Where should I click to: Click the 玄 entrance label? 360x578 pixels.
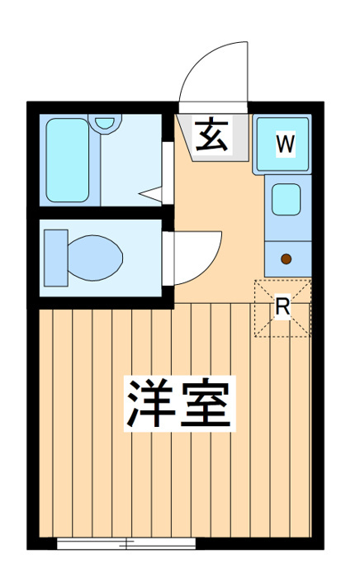click(211, 135)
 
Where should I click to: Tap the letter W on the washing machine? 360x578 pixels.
click(286, 144)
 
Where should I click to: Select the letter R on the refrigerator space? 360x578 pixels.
click(283, 306)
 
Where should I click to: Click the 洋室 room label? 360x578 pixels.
click(179, 403)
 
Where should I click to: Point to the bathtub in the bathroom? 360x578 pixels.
click(68, 160)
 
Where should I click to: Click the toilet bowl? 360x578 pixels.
click(95, 258)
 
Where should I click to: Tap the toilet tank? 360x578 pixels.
click(56, 258)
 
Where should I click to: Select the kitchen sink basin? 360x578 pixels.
click(286, 199)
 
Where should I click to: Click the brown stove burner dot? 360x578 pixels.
click(286, 259)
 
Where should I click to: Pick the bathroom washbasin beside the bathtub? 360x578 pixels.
click(106, 124)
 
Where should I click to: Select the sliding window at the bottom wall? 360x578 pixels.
click(126, 542)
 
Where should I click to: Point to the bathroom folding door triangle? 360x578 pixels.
click(150, 194)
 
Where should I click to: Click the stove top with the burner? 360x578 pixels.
click(288, 259)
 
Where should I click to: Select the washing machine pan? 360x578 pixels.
click(282, 144)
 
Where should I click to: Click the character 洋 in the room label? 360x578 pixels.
click(152, 404)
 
